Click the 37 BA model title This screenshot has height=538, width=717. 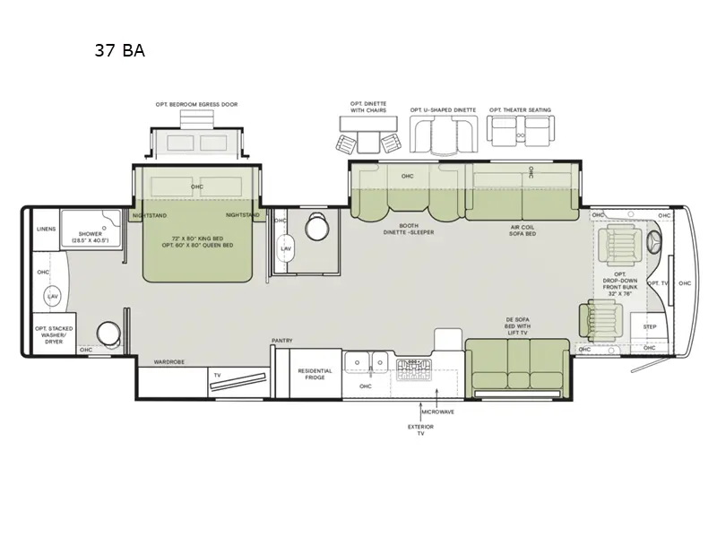tap(119, 51)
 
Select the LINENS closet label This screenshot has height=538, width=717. tap(46, 229)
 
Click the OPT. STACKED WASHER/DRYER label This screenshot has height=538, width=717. tap(53, 333)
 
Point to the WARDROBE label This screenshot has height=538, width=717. tap(168, 362)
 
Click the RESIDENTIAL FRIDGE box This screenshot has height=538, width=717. tap(315, 374)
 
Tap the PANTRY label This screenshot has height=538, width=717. tap(282, 341)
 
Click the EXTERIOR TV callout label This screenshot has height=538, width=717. tap(420, 430)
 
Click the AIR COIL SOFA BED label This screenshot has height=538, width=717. tap(521, 230)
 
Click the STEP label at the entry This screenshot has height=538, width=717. tap(650, 327)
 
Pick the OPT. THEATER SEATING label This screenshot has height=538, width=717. tap(520, 110)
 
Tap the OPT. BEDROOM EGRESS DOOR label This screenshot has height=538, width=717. tap(196, 104)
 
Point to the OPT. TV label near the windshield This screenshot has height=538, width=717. tap(658, 282)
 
